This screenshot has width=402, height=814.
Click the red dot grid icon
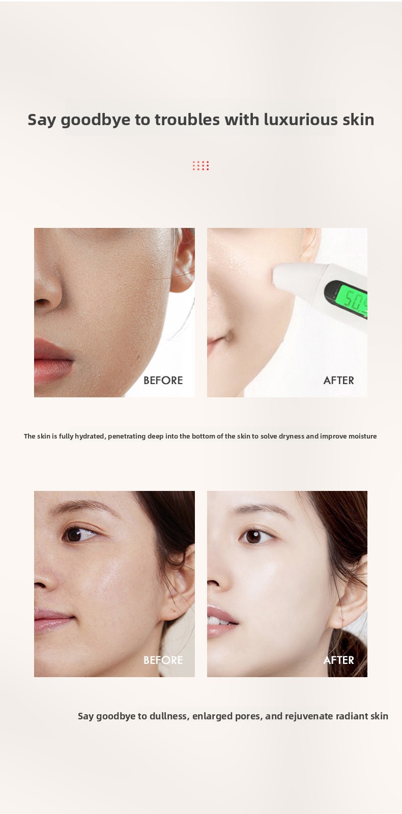tap(200, 166)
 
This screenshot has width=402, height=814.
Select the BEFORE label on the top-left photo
tap(163, 381)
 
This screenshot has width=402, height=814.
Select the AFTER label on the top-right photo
tap(338, 381)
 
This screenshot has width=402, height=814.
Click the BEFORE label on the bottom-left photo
tap(163, 660)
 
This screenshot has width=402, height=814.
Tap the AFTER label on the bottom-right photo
tap(338, 660)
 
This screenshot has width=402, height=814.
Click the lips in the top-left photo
tap(53, 359)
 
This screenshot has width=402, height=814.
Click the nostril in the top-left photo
tap(42, 302)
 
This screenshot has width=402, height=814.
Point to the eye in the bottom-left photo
tap(79, 534)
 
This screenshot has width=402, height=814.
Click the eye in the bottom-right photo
tap(254, 536)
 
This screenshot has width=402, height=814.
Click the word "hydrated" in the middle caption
tap(91, 436)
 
